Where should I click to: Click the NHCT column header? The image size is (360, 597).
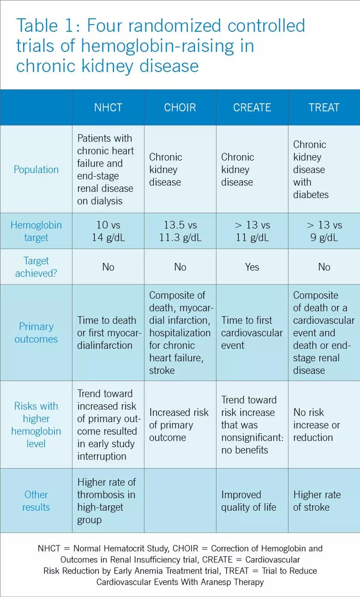108,107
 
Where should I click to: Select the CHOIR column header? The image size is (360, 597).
180,107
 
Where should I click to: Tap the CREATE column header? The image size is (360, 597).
252,107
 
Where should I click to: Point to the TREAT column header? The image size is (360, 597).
324,107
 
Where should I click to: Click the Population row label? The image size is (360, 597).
36,169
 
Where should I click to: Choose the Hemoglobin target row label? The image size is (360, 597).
36,231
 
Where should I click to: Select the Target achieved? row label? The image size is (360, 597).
36,267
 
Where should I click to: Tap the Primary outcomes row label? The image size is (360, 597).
36,333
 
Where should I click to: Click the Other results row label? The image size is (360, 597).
36,501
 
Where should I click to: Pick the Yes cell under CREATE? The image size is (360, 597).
252,267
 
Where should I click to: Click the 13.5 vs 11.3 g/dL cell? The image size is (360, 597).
180,231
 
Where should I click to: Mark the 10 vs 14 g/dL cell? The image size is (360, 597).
108,231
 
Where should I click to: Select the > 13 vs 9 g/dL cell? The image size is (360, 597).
324,231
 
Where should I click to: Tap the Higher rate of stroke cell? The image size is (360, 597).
317,501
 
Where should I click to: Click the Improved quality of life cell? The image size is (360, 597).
248,501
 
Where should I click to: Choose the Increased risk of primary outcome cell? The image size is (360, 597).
179,424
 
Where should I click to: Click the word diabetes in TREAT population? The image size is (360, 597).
311,195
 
